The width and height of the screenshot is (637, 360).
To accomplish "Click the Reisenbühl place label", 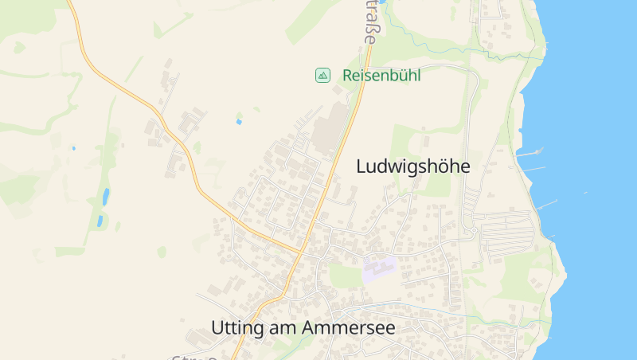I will click(381, 76).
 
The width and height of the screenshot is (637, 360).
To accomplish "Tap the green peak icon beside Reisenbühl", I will click(322, 76).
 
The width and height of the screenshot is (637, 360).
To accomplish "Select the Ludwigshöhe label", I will click(413, 166).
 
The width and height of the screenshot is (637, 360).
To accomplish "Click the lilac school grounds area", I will click(379, 267).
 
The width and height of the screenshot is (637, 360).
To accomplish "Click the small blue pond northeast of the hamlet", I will click(239, 122).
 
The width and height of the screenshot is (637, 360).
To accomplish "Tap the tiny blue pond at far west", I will click(73, 148).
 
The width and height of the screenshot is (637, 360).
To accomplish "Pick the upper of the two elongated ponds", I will click(106, 196).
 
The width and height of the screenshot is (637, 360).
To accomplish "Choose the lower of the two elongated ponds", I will click(100, 221).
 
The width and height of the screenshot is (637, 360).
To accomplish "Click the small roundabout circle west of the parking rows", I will click(471, 232).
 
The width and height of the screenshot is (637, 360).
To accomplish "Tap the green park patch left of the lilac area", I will click(344, 276).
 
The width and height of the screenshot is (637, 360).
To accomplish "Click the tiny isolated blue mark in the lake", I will click(586, 192).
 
